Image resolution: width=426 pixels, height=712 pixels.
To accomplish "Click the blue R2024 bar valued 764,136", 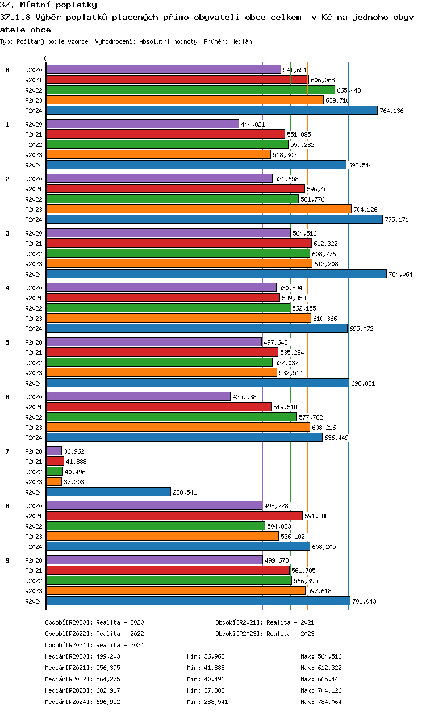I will tap(211, 110).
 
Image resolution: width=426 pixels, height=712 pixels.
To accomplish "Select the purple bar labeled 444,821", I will tap(142, 124).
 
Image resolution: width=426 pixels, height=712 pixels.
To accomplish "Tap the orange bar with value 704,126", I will tap(198, 209).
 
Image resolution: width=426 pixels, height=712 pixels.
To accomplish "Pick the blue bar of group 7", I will tap(108, 492).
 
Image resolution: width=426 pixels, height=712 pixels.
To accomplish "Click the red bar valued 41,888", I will tap(55, 461).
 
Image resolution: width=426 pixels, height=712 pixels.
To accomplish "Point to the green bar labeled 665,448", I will tap(190, 90).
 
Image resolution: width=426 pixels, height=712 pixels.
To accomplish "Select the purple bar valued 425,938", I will tap(138, 396).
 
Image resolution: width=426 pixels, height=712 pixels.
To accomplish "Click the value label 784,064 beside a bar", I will tap(400, 274).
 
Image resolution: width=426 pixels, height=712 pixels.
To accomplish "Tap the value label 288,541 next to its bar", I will tap(185, 492).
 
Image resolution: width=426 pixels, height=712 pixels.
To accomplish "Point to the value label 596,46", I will tap(318, 189).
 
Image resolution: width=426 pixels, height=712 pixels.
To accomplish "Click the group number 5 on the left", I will tap(7, 342).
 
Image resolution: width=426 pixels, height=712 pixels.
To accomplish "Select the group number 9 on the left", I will tap(7, 560).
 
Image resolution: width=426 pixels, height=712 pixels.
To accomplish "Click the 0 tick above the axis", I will tap(46, 58).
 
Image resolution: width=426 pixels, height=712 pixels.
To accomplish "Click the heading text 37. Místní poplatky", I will tap(49, 5).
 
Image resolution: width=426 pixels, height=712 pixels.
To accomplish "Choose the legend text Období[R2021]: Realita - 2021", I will tap(265, 622).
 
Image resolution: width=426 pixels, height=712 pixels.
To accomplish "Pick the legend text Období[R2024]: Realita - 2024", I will tap(94, 645).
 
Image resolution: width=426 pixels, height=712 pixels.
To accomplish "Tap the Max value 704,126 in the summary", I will tap(329, 690).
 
